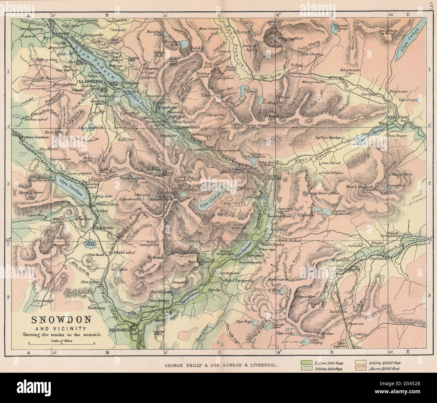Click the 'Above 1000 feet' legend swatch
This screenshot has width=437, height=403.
pyautogui.click(x=360, y=369)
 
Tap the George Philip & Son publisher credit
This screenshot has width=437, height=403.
pyautogui.click(x=221, y=365)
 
